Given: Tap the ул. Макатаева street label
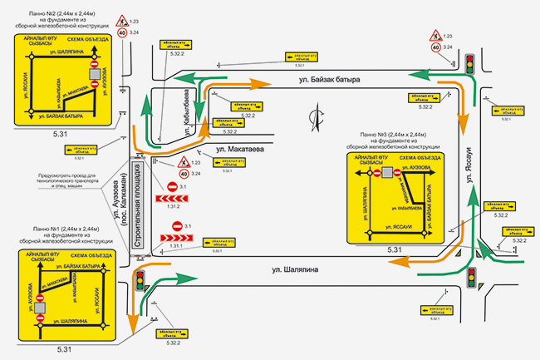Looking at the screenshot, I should click(x=241, y=150).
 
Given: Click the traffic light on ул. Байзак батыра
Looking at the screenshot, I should click(x=469, y=64).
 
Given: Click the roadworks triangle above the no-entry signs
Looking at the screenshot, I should click(x=174, y=161).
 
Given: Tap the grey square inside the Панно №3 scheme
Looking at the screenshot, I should click(x=387, y=173).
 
